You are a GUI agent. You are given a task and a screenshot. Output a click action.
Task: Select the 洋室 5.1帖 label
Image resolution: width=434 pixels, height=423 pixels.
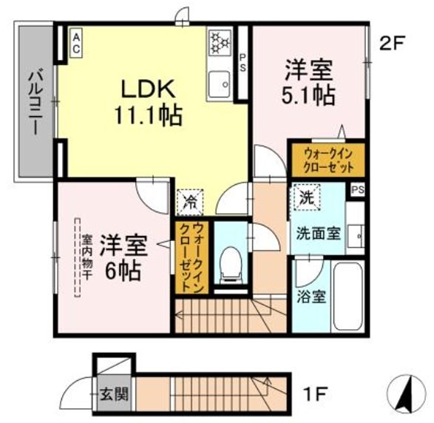tap(310, 83)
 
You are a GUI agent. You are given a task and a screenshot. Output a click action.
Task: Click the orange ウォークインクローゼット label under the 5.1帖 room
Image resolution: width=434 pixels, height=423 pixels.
tap(326, 158)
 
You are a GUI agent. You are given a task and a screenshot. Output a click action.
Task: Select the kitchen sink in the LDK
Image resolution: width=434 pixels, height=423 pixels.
tap(220, 83)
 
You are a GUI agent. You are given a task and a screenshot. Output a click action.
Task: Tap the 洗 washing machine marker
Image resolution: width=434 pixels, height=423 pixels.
tap(305, 198)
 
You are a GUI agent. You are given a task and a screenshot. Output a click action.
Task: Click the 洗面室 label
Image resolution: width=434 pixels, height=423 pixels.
tap(318, 233)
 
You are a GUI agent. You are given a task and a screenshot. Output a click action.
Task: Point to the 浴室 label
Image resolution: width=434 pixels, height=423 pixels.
tap(309, 300)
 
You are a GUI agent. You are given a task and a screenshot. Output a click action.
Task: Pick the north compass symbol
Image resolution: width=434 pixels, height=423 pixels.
tap(404, 391)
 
